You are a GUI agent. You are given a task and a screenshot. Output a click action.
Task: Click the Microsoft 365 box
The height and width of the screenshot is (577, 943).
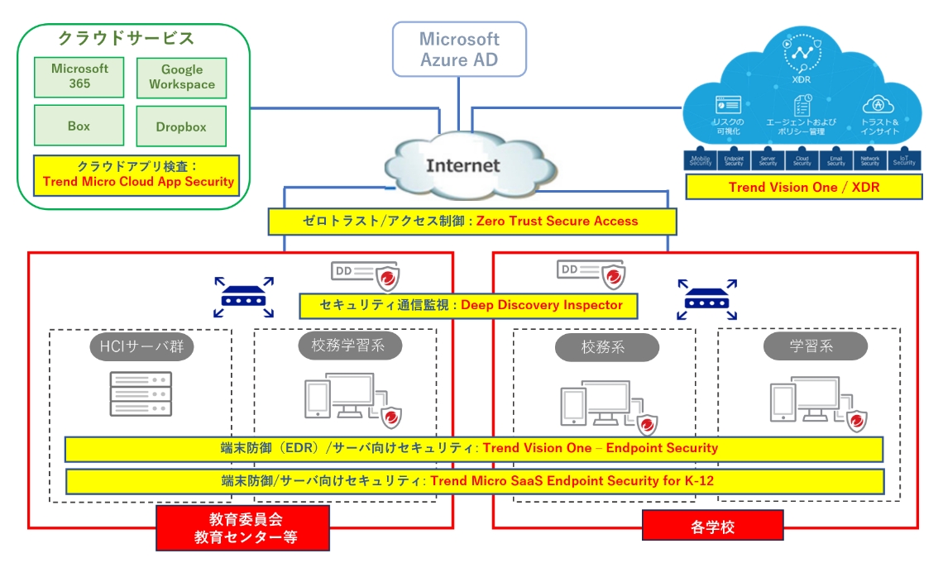(79, 77)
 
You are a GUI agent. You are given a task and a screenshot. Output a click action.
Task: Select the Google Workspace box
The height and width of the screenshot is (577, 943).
(181, 78)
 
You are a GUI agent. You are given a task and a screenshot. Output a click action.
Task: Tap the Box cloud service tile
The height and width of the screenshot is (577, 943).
(79, 126)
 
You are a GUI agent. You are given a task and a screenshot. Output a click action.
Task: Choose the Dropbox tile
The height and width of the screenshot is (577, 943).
(181, 127)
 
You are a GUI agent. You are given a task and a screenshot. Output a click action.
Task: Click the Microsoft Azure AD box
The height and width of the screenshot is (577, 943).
(460, 50)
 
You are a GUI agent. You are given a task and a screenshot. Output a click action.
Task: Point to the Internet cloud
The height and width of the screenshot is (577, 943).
(462, 165)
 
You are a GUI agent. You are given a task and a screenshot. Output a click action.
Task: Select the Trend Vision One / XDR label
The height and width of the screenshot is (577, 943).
(803, 187)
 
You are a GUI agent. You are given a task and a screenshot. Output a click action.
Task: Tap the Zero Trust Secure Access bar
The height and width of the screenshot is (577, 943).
(472, 221)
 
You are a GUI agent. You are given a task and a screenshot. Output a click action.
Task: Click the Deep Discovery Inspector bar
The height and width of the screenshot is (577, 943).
(471, 305)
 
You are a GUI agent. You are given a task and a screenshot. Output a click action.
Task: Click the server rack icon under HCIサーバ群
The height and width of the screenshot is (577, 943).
(140, 393)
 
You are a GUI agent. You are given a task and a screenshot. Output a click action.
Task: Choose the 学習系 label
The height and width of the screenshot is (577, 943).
(811, 346)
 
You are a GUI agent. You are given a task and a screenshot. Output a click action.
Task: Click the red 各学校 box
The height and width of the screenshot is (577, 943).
(712, 525)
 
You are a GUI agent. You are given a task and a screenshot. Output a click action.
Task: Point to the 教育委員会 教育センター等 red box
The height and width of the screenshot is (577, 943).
(243, 528)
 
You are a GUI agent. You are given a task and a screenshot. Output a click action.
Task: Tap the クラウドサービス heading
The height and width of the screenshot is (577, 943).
(126, 38)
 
